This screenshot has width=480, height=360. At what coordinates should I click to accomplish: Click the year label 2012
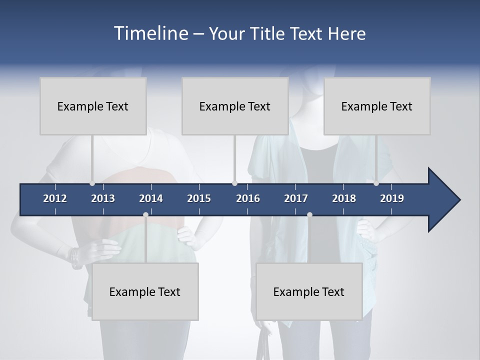pyautogui.click(x=55, y=198)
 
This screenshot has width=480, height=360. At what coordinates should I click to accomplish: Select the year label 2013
pyautogui.click(x=103, y=198)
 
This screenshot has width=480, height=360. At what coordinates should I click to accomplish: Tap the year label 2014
pyautogui.click(x=151, y=198)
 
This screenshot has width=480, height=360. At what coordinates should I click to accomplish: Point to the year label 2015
pyautogui.click(x=199, y=198)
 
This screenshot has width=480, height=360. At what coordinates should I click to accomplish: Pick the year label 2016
pyautogui.click(x=248, y=198)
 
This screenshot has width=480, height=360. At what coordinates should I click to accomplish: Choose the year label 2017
pyautogui.click(x=296, y=198)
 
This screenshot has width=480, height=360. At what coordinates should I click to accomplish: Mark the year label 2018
pyautogui.click(x=344, y=198)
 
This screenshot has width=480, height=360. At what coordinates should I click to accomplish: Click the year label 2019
pyautogui.click(x=392, y=198)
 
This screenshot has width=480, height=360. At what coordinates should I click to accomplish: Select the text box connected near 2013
pyautogui.click(x=93, y=106)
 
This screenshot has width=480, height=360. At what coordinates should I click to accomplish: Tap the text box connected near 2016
pyautogui.click(x=235, y=106)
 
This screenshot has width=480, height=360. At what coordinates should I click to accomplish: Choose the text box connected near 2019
pyautogui.click(x=377, y=106)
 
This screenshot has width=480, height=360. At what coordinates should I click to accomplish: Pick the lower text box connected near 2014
pyautogui.click(x=145, y=291)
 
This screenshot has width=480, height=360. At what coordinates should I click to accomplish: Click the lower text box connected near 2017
pyautogui.click(x=309, y=291)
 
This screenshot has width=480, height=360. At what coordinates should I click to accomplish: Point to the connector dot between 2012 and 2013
pyautogui.click(x=92, y=183)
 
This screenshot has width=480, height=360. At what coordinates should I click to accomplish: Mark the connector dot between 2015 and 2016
pyautogui.click(x=234, y=183)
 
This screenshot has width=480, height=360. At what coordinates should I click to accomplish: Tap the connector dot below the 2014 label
pyautogui.click(x=145, y=214)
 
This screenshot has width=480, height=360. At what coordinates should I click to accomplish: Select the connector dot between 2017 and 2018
pyautogui.click(x=309, y=214)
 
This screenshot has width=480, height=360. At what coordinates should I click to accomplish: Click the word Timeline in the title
pyautogui.click(x=150, y=33)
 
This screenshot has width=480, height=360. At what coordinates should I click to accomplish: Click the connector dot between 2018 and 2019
pyautogui.click(x=376, y=183)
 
